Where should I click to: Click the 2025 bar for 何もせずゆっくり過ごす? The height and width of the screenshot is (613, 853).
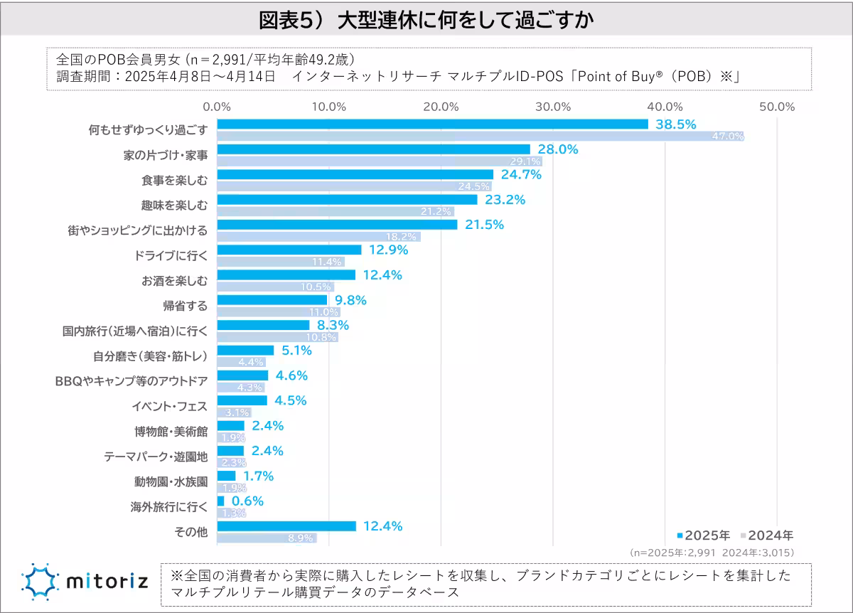[x=432, y=124]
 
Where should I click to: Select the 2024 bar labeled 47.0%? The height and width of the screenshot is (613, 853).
[x=481, y=136]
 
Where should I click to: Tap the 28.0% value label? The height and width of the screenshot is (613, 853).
[x=558, y=149]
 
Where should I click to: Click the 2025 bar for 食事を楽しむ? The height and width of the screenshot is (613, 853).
[x=355, y=174]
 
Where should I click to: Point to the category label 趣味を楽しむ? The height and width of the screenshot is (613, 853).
[x=175, y=206]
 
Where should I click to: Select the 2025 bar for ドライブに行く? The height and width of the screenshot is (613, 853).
[x=289, y=250]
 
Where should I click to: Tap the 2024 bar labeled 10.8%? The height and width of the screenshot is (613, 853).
[x=277, y=336]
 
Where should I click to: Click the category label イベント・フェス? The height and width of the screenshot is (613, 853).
[x=169, y=406]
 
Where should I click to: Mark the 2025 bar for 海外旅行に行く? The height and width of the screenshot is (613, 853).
[x=220, y=501]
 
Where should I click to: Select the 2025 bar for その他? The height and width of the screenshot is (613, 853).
[x=286, y=526]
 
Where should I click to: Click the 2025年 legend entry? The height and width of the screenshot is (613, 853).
[x=703, y=535]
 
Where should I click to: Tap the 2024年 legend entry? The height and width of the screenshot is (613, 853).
[x=768, y=535]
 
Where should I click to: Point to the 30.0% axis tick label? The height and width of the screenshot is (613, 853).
[x=553, y=107]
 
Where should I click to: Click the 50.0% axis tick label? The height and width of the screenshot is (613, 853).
[x=777, y=107]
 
